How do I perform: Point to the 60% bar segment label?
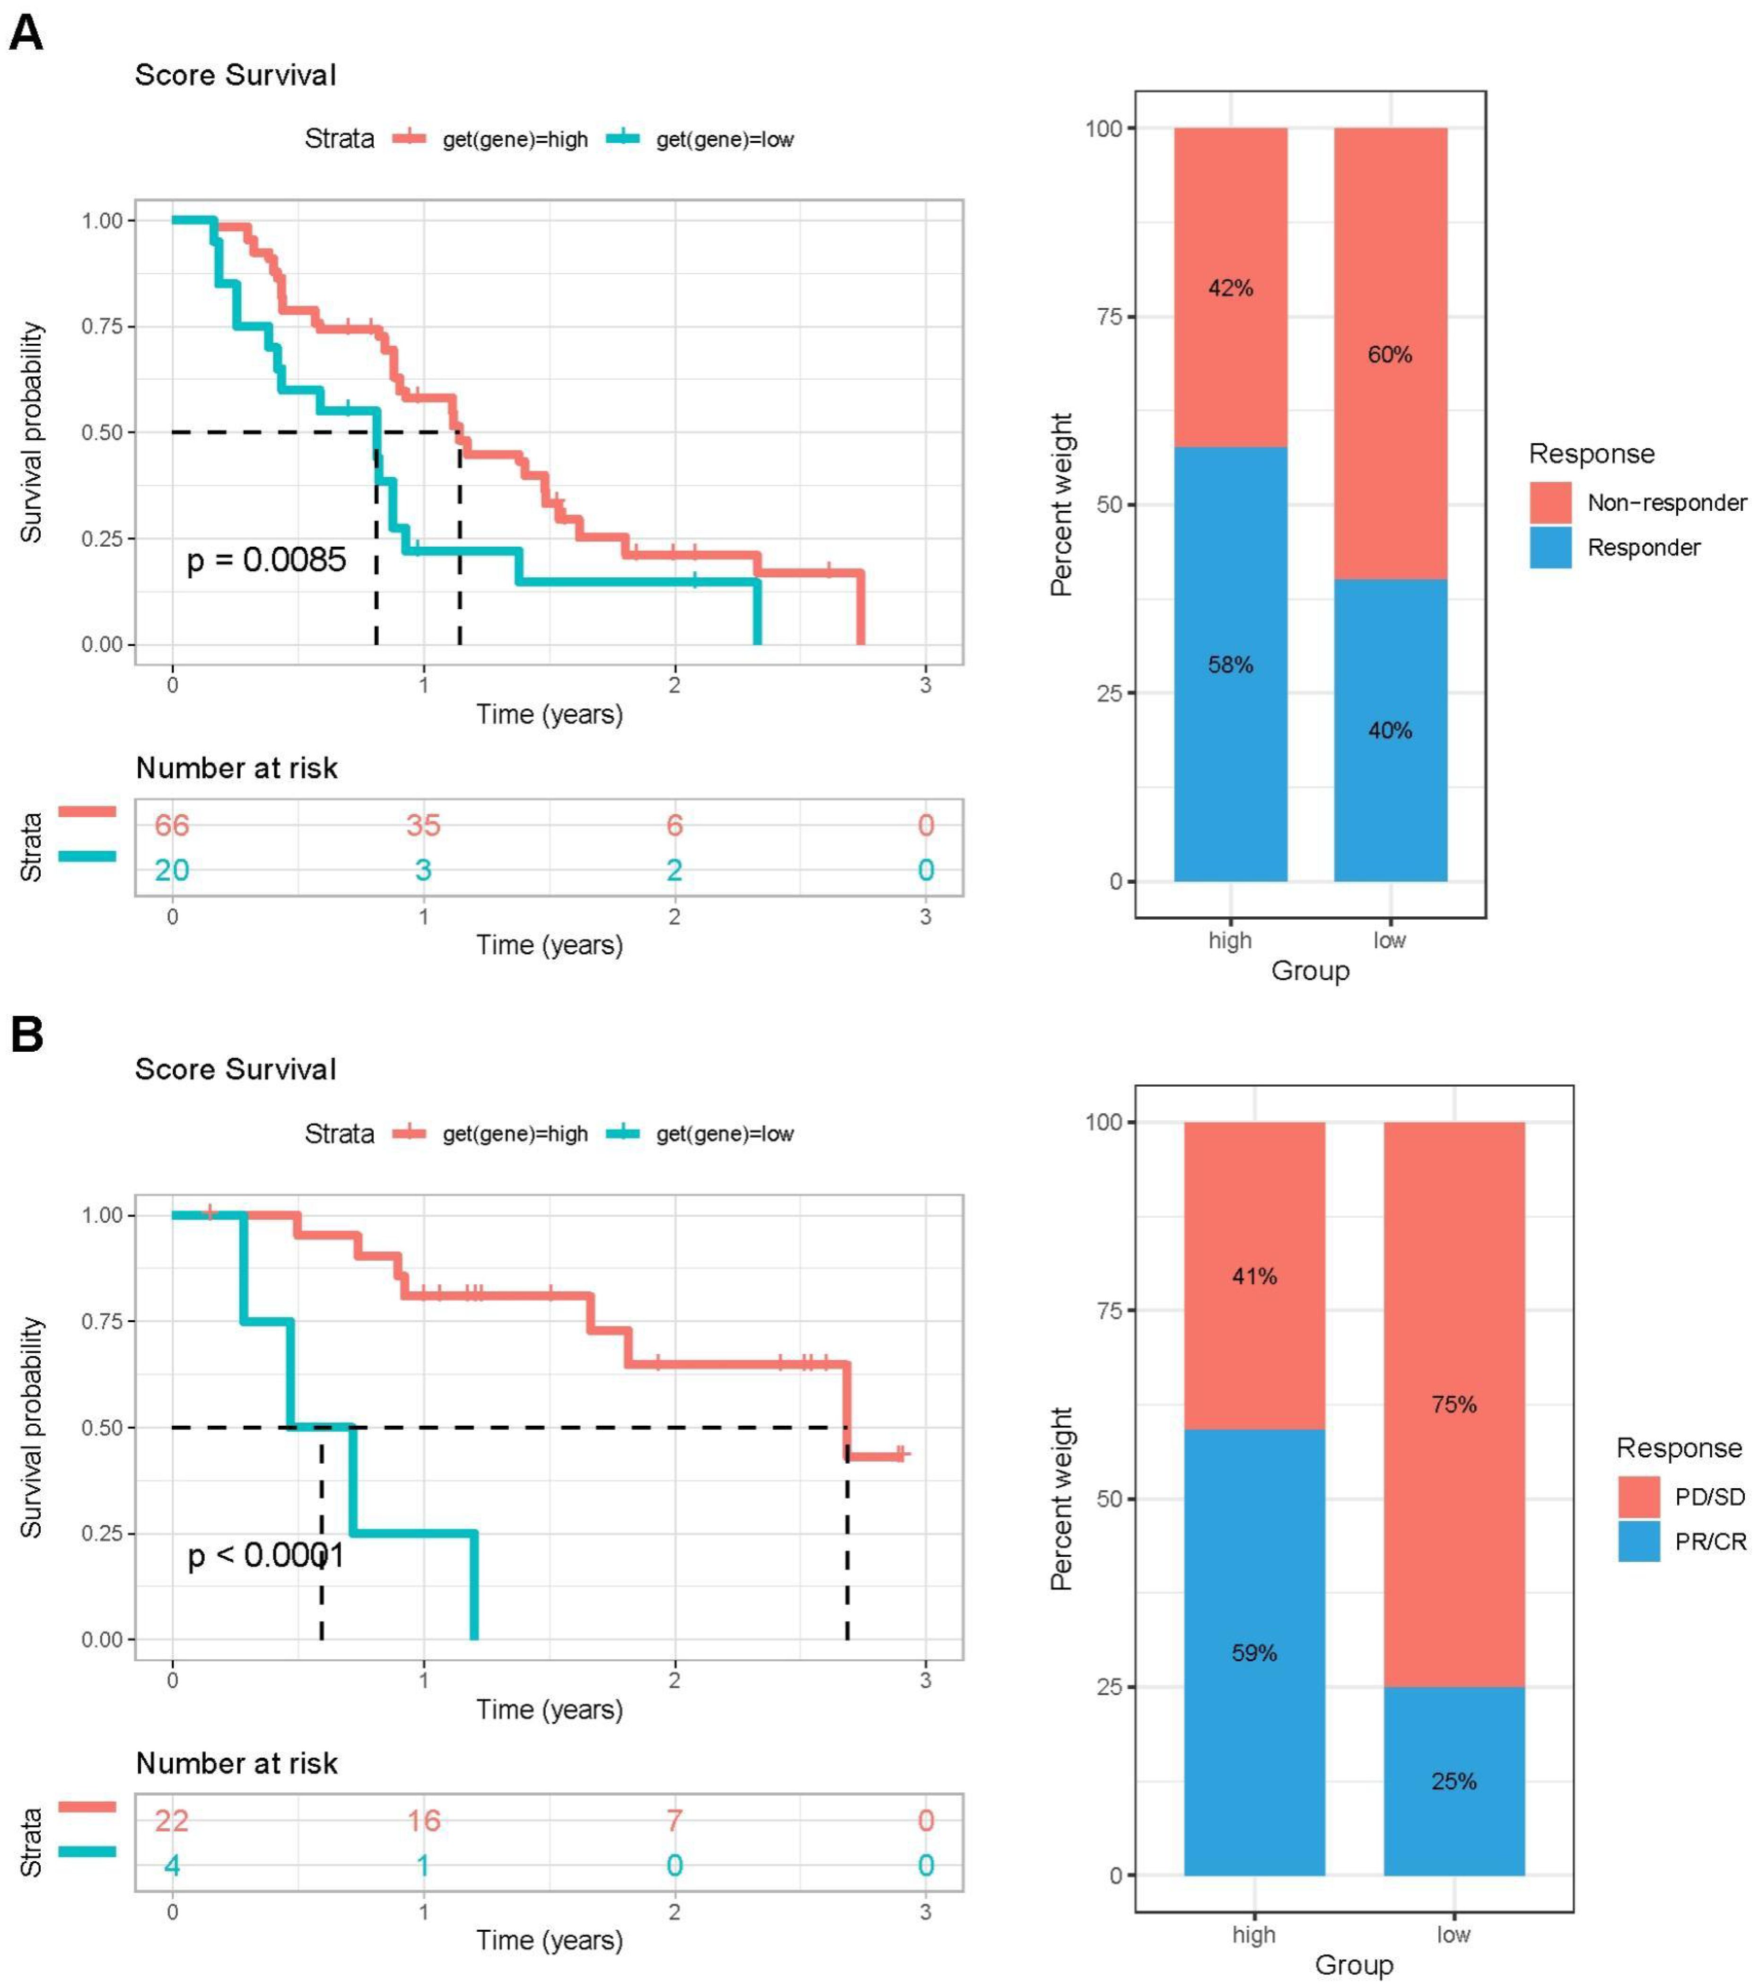[x=1389, y=355]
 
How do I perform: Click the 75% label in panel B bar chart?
[x=1453, y=1404]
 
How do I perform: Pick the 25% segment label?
[x=1453, y=1782]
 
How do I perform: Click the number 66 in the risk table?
[x=172, y=826]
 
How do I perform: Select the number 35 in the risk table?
[x=423, y=826]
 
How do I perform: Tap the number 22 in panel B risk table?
[x=172, y=1821]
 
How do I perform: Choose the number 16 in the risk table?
[x=423, y=1821]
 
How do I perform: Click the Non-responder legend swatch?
[x=1550, y=503]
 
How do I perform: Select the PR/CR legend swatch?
[x=1638, y=1542]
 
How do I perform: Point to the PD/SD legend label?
[x=1709, y=1497]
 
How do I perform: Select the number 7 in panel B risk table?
[x=674, y=1821]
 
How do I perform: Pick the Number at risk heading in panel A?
[x=236, y=768]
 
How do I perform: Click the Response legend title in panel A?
[x=1591, y=454]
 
